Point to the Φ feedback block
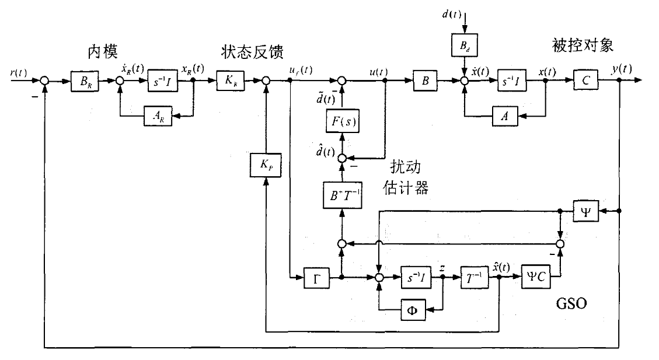tap(413, 309)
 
